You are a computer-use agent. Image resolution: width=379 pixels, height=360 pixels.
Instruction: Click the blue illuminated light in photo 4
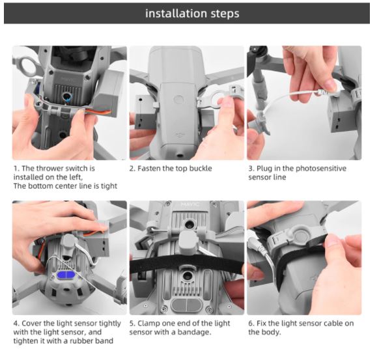click(x=66, y=275)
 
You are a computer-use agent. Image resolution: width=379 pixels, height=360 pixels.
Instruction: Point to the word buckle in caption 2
click(x=201, y=169)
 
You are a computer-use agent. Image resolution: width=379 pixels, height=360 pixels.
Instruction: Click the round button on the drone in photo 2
click(x=178, y=100)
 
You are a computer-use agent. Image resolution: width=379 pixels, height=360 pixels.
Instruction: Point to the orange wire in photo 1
click(x=98, y=112)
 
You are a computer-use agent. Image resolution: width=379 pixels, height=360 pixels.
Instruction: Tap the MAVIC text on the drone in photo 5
click(x=190, y=204)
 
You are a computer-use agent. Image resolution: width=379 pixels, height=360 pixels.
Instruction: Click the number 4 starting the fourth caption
click(x=16, y=324)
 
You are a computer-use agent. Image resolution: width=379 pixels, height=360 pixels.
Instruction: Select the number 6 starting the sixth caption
click(x=251, y=324)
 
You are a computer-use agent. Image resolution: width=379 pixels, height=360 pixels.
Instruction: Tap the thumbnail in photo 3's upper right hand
click(x=327, y=83)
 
